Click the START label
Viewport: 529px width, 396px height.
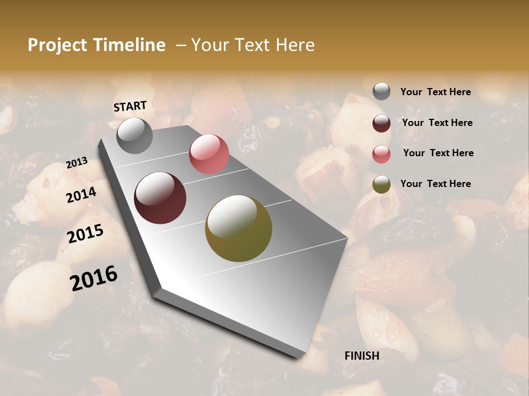pyautogui.click(x=130, y=106)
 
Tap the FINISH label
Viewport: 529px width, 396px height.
pyautogui.click(x=362, y=356)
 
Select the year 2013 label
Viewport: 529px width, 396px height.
pyautogui.click(x=77, y=163)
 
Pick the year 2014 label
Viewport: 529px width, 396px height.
pyautogui.click(x=82, y=195)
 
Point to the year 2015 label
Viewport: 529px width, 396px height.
pyautogui.click(x=85, y=234)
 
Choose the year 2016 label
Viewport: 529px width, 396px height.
pyautogui.click(x=94, y=278)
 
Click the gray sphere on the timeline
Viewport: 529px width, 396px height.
pyautogui.click(x=134, y=135)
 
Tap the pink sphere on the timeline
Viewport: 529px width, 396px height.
pyautogui.click(x=209, y=154)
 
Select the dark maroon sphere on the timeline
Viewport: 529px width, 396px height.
pyautogui.click(x=160, y=198)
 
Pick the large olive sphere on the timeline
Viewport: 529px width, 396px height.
pyautogui.click(x=239, y=228)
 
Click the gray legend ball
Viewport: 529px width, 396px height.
pyautogui.click(x=381, y=91)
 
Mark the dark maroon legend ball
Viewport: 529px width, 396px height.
pyautogui.click(x=381, y=123)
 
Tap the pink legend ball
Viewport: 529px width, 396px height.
pyautogui.click(x=381, y=154)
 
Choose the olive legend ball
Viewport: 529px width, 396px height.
pyautogui.click(x=381, y=184)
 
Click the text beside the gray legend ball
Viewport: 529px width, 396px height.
pyautogui.click(x=435, y=92)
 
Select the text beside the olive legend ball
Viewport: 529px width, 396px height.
pyautogui.click(x=435, y=184)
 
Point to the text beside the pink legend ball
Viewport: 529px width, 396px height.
pyautogui.click(x=438, y=153)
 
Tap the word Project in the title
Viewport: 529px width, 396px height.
pyautogui.click(x=58, y=45)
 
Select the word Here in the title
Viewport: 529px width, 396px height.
pyautogui.click(x=295, y=45)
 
